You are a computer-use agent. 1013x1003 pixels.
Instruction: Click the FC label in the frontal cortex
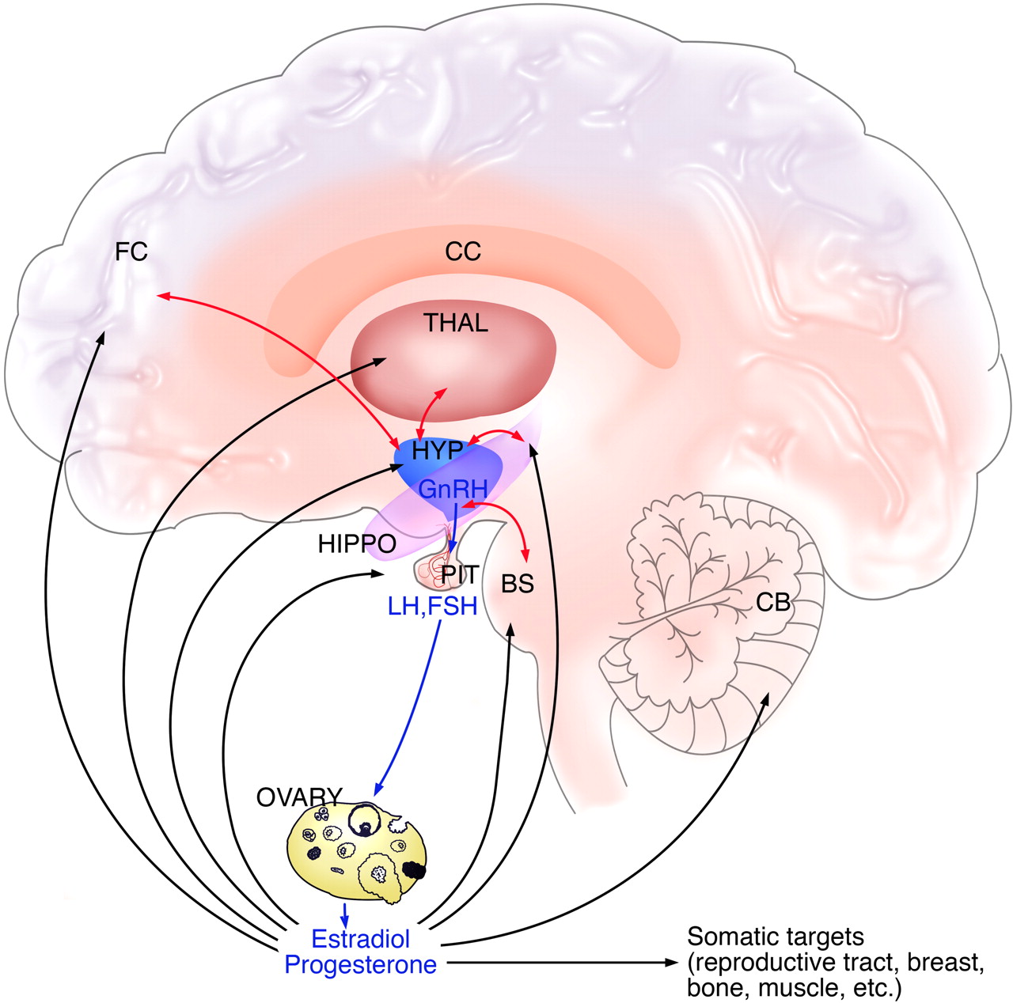pos(131,253)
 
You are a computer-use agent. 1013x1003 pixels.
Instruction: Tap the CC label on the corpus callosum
pos(463,252)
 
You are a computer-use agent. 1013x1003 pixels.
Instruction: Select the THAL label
pos(455,323)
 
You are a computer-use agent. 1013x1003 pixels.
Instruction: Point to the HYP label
pos(437,450)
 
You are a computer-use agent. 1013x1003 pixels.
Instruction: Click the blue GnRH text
pos(452,489)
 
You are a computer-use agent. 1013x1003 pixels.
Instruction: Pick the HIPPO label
pos(356,544)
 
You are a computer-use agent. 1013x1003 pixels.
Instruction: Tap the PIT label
pos(461,574)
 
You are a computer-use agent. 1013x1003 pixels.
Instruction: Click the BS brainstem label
pos(518,584)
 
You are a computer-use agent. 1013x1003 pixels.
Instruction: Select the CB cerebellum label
pos(773,603)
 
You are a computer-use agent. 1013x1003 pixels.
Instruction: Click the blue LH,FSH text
pos(432,607)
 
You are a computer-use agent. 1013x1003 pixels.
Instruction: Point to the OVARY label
pos(299,797)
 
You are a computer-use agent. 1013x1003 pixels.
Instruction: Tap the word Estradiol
pos(361,939)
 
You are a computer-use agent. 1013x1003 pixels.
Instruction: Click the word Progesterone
pos(361,965)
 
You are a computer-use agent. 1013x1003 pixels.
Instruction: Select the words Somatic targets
pos(776,937)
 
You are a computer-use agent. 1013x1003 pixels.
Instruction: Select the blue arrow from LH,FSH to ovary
pos(412,704)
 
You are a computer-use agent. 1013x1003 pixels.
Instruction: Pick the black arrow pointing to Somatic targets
pos(562,963)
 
